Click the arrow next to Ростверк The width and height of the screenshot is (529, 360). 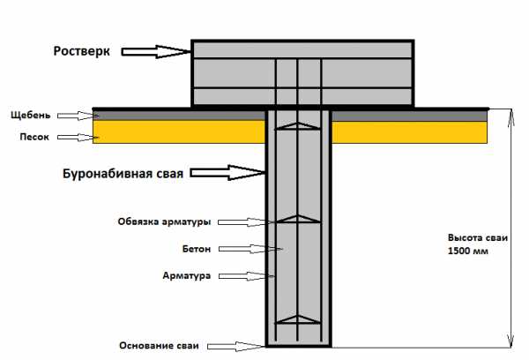pyautogui.click(x=155, y=52)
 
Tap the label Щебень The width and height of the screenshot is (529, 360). pyautogui.click(x=36, y=115)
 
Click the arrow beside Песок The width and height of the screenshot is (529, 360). pyautogui.click(x=86, y=137)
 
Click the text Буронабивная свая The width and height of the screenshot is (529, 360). pyautogui.click(x=123, y=174)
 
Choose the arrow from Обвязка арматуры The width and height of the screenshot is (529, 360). pyautogui.click(x=242, y=221)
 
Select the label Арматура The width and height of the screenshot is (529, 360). pyautogui.click(x=186, y=276)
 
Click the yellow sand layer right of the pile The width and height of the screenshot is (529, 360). pyautogui.click(x=409, y=132)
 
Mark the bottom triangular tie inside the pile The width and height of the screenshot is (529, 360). pyautogui.click(x=297, y=319)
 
